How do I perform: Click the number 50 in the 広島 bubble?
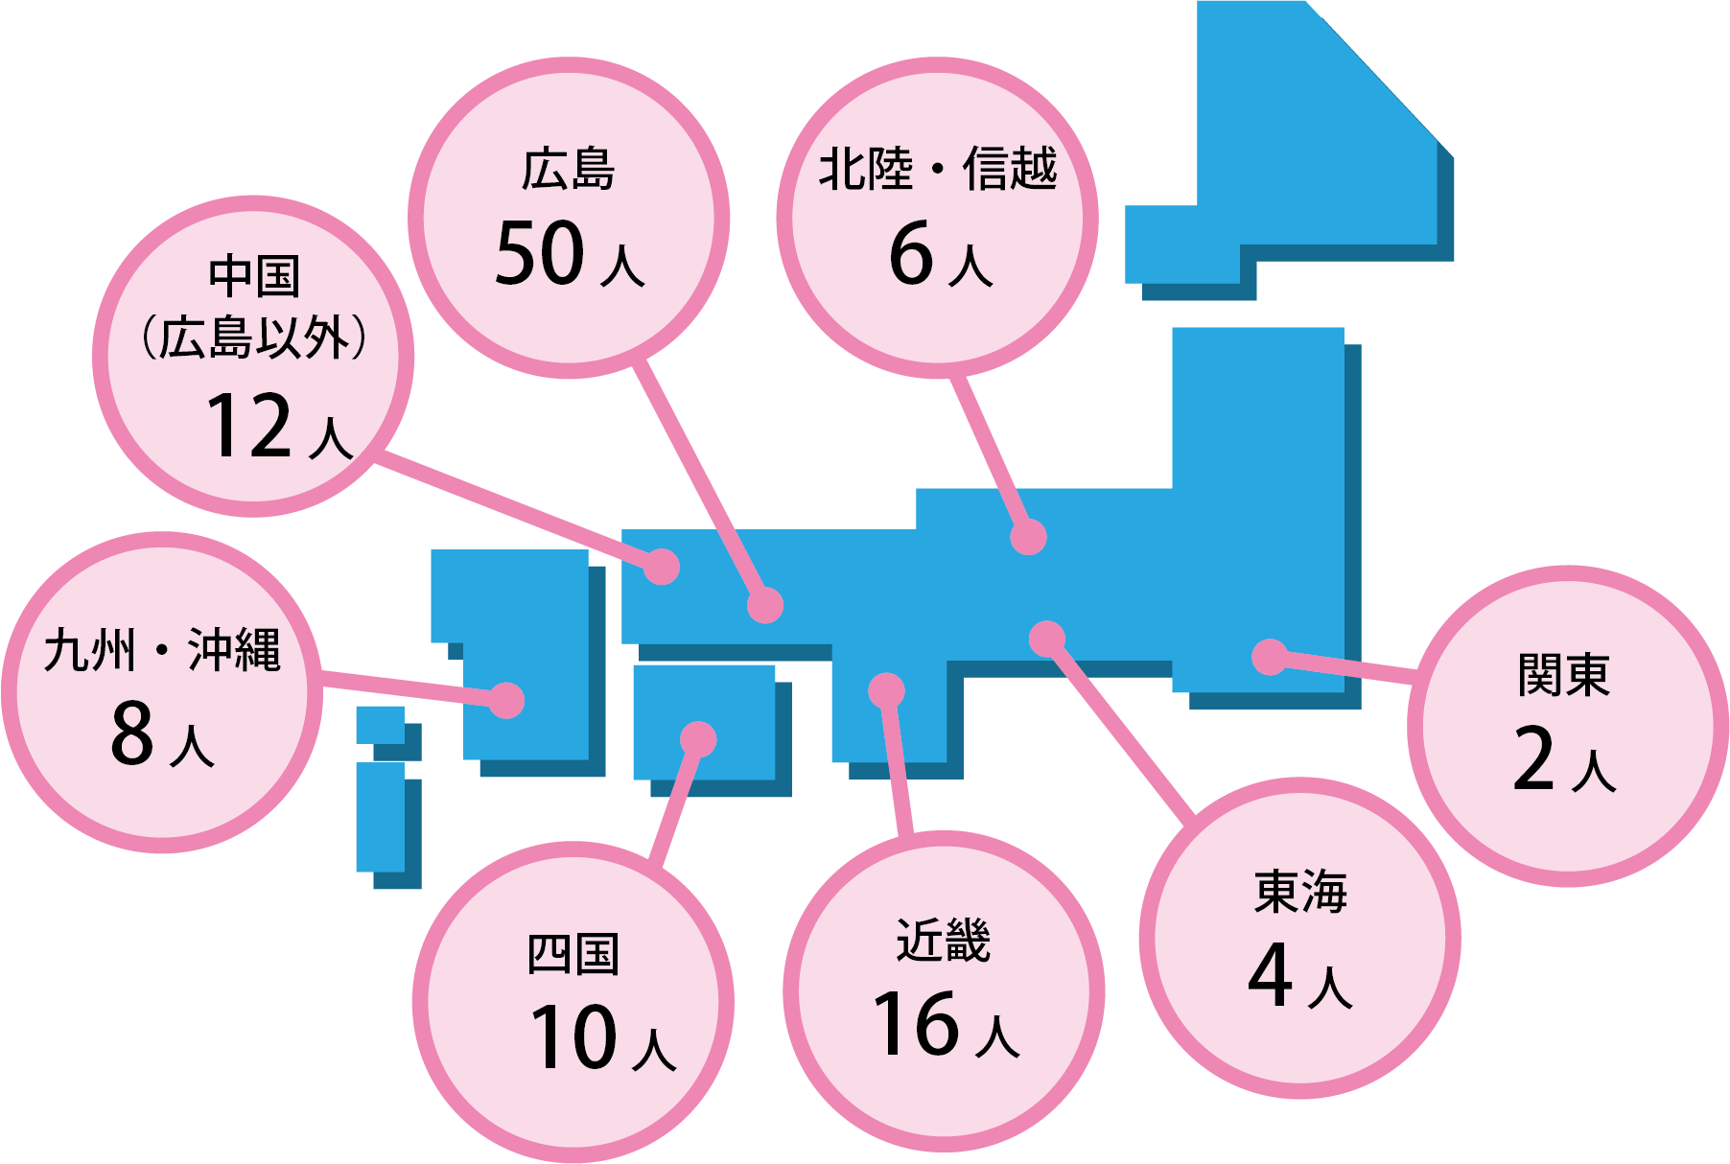coord(540,253)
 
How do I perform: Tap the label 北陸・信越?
coord(937,169)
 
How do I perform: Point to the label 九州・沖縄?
coord(162,650)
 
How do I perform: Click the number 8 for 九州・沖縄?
coord(132,733)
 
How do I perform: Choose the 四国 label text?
coord(573,954)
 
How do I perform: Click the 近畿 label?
coord(943,940)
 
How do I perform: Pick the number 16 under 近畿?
coord(916,1024)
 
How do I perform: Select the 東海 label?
coord(1300,892)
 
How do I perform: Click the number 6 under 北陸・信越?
coord(911,253)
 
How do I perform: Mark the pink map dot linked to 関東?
coord(1270,657)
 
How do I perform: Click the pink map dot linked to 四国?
coord(698,739)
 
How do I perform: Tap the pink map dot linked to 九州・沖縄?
coord(506,700)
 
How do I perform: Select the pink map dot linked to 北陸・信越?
coord(1028,537)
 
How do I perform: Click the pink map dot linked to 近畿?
coord(886,690)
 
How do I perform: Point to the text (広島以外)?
coord(254,338)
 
